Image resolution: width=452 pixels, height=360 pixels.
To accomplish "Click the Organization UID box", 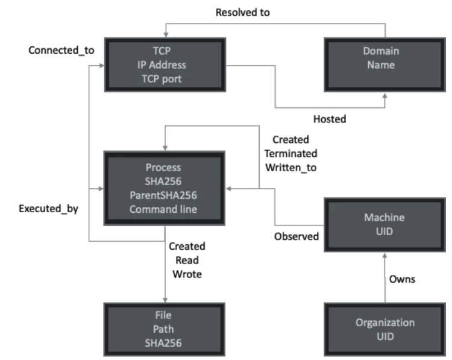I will click(384, 329).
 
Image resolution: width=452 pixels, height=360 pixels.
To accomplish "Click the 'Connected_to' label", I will click(61, 50).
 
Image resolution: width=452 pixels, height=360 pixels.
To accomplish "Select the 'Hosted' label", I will click(330, 119).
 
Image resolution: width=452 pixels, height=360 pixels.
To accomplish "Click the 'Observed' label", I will click(296, 236).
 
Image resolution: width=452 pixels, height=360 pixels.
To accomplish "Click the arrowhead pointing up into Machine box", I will click(384, 254).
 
